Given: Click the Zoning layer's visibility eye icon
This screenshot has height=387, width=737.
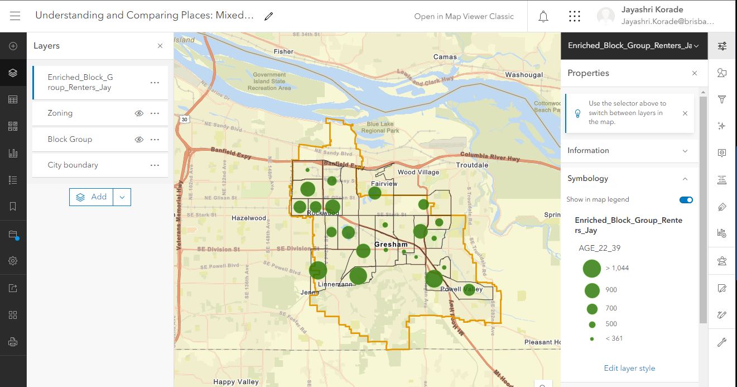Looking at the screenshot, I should [x=139, y=113].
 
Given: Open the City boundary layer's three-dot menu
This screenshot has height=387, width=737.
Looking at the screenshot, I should [x=155, y=165].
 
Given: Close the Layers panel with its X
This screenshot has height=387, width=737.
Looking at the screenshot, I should [x=160, y=46].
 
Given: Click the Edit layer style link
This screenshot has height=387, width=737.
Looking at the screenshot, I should [x=629, y=368].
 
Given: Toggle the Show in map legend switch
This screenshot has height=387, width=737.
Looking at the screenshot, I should [x=686, y=199].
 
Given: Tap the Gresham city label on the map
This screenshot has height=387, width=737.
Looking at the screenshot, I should [x=391, y=245].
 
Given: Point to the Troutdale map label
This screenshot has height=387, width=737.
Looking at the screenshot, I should [x=472, y=165].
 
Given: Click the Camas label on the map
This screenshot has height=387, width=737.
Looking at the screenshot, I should [x=445, y=57].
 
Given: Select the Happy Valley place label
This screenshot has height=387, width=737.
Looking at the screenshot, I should [x=236, y=382].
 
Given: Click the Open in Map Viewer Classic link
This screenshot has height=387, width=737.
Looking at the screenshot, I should [x=464, y=16].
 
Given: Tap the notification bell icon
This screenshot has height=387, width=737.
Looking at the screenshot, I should [x=543, y=16].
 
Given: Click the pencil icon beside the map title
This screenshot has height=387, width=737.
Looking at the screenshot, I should [x=269, y=16].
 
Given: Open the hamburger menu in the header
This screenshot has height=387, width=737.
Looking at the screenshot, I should [x=15, y=16].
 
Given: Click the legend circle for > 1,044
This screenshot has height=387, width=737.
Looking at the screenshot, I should [x=591, y=268].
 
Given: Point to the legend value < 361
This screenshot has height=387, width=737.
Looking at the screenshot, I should [x=614, y=338].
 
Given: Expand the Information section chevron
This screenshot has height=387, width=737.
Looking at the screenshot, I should [x=685, y=151].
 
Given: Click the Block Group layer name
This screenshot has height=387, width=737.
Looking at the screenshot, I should [x=70, y=139].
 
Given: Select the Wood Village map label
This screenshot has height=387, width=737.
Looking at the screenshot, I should [x=418, y=173].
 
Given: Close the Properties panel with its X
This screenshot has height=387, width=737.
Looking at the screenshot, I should [x=695, y=73].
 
